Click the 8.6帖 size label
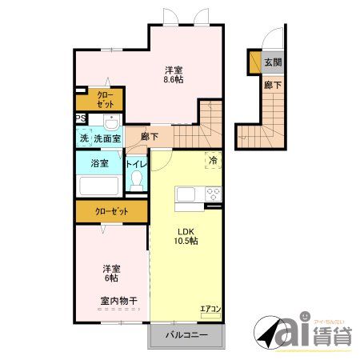(174, 80)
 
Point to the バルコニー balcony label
(186, 335)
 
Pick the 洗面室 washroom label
(107, 138)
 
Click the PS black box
(80, 120)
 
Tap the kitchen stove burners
(213, 193)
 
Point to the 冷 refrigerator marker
(214, 160)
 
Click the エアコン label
(210, 306)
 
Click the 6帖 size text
(110, 278)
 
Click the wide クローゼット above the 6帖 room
(111, 211)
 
